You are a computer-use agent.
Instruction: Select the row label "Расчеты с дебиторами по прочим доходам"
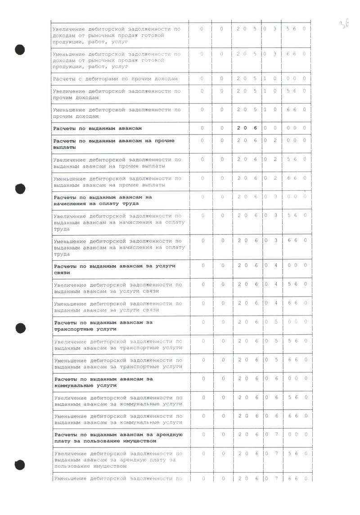click(x=115, y=79)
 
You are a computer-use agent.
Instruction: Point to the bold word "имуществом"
click(x=134, y=441)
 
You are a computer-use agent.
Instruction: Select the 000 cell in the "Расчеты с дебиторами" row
click(x=297, y=79)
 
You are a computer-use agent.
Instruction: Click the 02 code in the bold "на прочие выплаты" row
click(x=271, y=140)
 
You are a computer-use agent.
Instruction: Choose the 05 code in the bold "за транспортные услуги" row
click(x=271, y=322)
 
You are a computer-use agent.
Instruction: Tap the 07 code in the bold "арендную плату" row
click(x=271, y=434)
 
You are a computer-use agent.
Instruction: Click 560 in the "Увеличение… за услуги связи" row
click(x=297, y=285)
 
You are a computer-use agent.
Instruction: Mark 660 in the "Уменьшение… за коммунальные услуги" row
click(x=297, y=416)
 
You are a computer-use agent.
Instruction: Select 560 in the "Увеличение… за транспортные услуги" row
click(x=297, y=341)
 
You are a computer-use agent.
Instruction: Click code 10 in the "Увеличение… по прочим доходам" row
click(x=271, y=91)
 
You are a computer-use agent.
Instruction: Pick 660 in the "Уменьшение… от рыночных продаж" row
click(x=297, y=54)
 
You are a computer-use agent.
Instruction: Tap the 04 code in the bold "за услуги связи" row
click(x=271, y=266)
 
